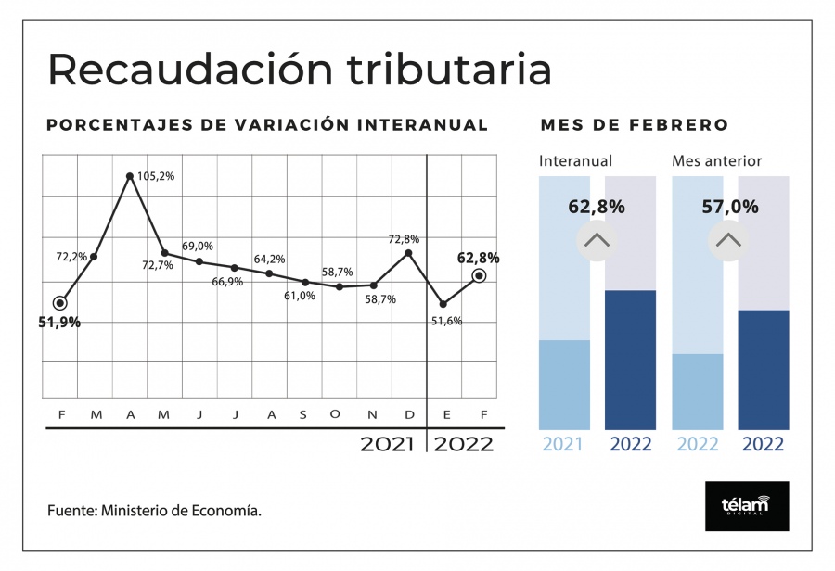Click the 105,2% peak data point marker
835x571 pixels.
point(129,175)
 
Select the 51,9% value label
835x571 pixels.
point(59,322)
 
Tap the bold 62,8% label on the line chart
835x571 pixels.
point(478,258)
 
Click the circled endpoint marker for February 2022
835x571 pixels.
point(480,275)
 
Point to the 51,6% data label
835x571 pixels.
point(447,321)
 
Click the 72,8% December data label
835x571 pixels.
point(404,239)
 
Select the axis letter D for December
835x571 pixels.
point(409,415)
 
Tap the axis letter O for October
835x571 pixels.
point(335,414)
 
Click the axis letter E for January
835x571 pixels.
point(447,415)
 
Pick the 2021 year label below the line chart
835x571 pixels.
point(387,444)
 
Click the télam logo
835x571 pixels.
point(747,506)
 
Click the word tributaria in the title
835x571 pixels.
point(449,70)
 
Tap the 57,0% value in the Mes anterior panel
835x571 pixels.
point(730,207)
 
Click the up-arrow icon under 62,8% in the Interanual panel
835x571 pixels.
point(597,241)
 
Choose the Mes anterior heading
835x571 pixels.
point(717,160)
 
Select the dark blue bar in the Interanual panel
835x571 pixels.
point(631,360)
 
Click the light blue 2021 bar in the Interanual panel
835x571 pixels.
point(564,385)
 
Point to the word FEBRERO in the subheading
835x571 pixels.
point(679,125)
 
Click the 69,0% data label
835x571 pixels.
point(198,246)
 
